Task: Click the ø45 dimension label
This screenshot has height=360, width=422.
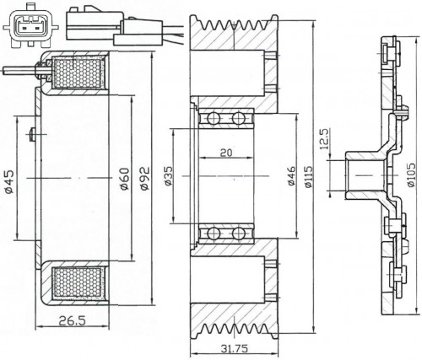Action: (x=9, y=181)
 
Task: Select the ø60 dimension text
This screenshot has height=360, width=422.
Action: (x=125, y=179)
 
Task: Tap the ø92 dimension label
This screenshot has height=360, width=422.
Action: (x=144, y=179)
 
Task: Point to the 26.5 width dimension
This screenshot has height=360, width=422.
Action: (x=72, y=320)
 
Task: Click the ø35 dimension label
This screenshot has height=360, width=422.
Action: (x=168, y=175)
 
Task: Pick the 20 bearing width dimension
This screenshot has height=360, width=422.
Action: (x=226, y=153)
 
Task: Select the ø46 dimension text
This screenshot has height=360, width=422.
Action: (x=291, y=175)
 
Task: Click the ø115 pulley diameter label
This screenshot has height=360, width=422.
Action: (x=308, y=176)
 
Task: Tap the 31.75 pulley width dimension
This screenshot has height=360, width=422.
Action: (x=235, y=349)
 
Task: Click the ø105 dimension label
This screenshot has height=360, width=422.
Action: (x=411, y=175)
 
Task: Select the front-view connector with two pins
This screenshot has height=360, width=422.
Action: (x=30, y=26)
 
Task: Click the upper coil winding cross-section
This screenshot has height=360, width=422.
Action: (x=78, y=73)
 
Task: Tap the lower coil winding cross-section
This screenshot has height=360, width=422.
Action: (x=78, y=282)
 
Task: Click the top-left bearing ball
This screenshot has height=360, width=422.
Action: (x=214, y=118)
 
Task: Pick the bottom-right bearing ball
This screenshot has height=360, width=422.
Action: (x=239, y=234)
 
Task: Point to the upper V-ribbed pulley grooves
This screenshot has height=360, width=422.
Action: (x=234, y=26)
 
